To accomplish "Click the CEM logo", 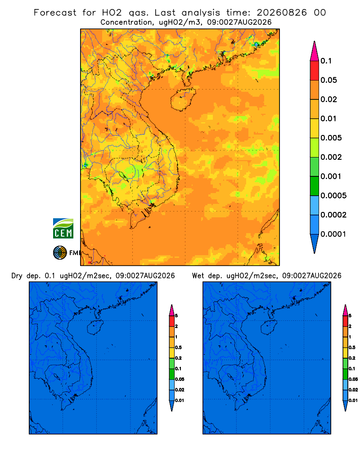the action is tap(63, 229).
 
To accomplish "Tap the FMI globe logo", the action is tap(60, 253).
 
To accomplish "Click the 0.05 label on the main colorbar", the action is tap(328, 80).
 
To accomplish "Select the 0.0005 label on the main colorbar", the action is tap(333, 196).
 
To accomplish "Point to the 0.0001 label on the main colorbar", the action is tap(333, 234).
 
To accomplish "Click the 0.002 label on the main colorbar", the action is tap(331, 157).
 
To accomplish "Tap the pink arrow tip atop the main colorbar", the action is tap(315, 42).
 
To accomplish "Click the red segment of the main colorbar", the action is tap(315, 71).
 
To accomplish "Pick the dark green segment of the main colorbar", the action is tap(315, 186).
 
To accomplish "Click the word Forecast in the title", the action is tap(55, 13).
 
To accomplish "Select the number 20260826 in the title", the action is tap(282, 13).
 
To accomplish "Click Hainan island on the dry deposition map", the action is tap(95, 328).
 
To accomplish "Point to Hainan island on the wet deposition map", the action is tap(269, 328).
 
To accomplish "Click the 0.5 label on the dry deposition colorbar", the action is tap(178, 347).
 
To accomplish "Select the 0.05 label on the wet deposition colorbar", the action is tap(353, 379).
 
